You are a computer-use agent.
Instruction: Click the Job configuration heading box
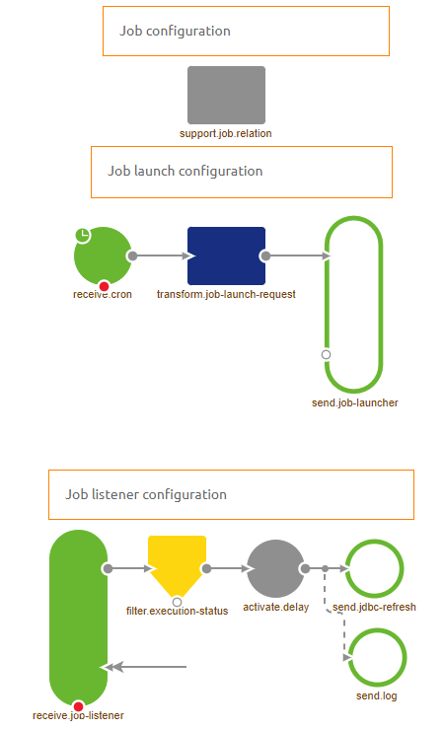(246, 31)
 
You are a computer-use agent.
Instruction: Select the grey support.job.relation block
(226, 95)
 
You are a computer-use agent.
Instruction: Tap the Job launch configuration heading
(241, 172)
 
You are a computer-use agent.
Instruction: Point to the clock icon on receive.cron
(84, 235)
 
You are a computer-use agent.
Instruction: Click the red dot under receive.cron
(104, 286)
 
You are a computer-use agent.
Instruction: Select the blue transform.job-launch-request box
(226, 255)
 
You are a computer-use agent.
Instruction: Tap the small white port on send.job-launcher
(326, 353)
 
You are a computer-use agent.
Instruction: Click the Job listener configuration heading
(231, 494)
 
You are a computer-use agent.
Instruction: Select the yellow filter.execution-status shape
(177, 565)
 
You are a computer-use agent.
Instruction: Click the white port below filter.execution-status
(177, 602)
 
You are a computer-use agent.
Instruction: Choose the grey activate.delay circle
(275, 568)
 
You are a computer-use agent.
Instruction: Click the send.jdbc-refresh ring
(375, 568)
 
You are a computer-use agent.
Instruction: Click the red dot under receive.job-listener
(78, 706)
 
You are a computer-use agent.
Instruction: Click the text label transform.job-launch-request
(226, 294)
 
